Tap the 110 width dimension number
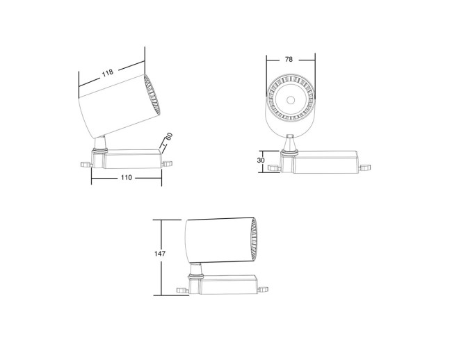(126, 178)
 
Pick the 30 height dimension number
(261, 160)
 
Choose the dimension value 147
(160, 254)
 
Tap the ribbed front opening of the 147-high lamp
(254, 238)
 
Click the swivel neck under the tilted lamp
(102, 142)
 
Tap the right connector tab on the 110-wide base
(168, 163)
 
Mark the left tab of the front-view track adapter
(277, 167)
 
